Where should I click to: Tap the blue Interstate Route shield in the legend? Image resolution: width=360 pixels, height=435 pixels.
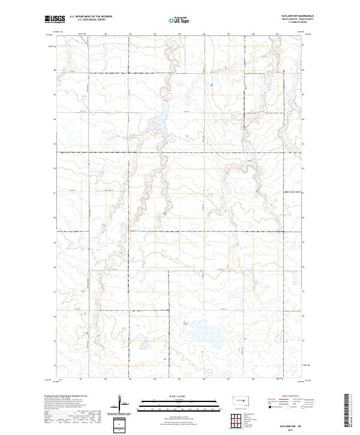pyautogui.click(x=272, y=406)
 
